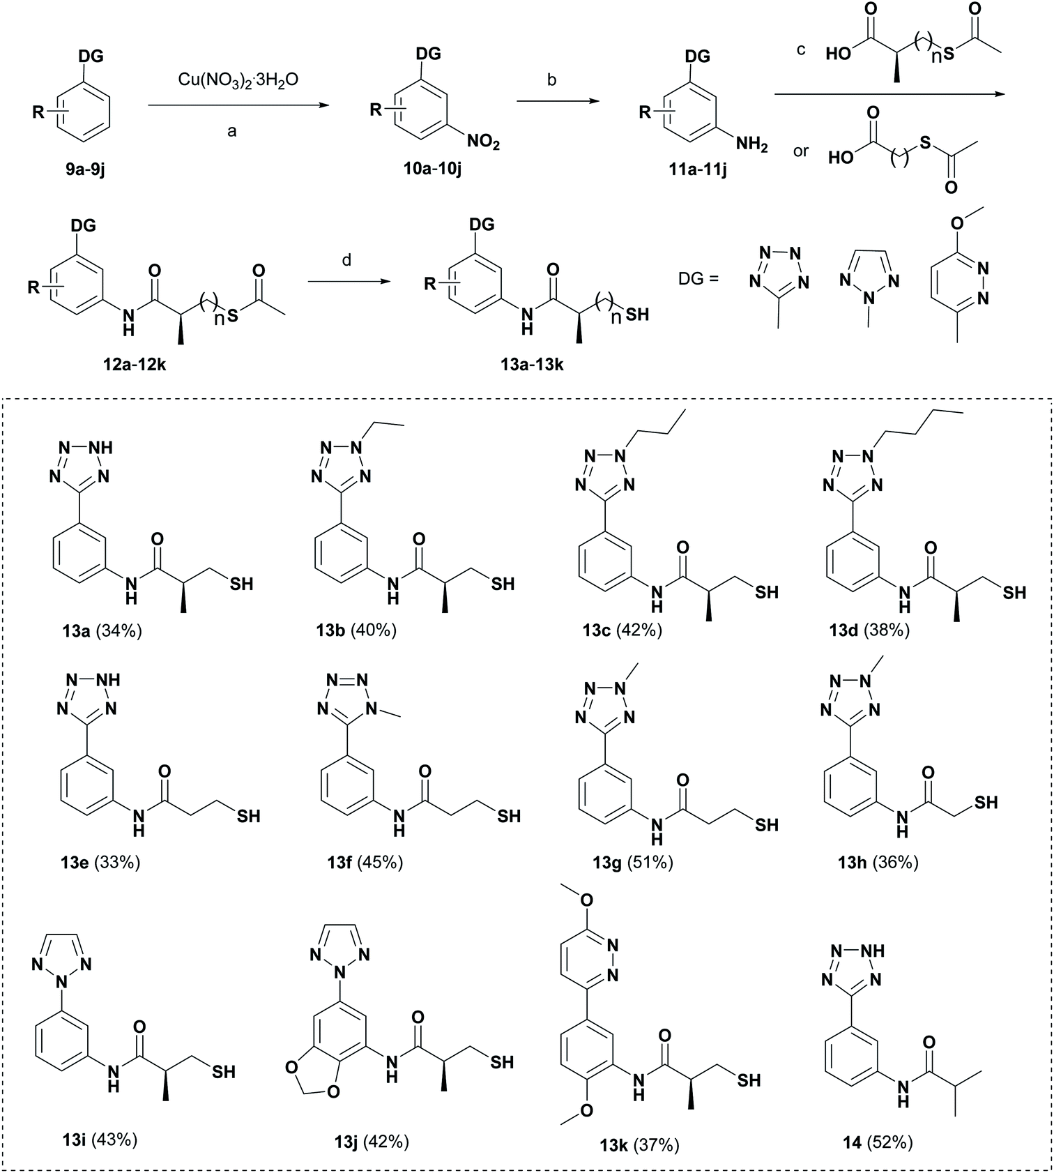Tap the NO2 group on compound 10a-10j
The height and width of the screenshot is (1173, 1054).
click(x=482, y=143)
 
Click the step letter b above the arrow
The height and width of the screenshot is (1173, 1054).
click(x=551, y=80)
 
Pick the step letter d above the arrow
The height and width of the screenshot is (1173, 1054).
click(x=346, y=260)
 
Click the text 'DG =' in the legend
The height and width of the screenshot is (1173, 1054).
click(x=698, y=279)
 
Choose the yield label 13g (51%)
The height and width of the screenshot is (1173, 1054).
click(x=633, y=863)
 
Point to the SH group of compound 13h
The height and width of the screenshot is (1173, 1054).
click(x=986, y=803)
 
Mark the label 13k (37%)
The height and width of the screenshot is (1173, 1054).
click(x=639, y=1144)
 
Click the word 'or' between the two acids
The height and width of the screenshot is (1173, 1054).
click(x=801, y=150)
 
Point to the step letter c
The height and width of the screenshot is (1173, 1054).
click(x=801, y=50)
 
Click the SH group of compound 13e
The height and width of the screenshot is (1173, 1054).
click(x=248, y=815)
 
